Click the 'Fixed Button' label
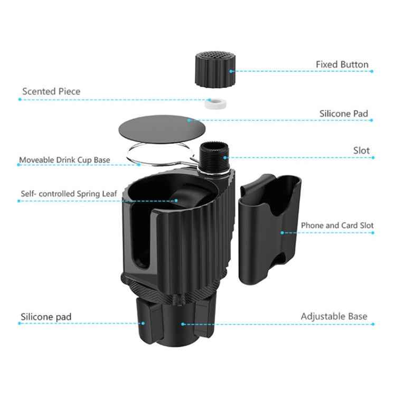point(342,64)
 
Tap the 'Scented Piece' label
point(51,91)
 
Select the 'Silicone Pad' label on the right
point(344,114)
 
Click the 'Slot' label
point(361,150)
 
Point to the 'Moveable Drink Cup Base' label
point(64,159)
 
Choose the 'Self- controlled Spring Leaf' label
point(69,193)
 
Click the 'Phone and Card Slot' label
point(337,225)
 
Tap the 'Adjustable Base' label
point(334,316)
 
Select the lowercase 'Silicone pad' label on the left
point(46,317)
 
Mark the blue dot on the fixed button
point(231,70)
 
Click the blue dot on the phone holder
point(283,232)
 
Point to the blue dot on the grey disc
point(188,120)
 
